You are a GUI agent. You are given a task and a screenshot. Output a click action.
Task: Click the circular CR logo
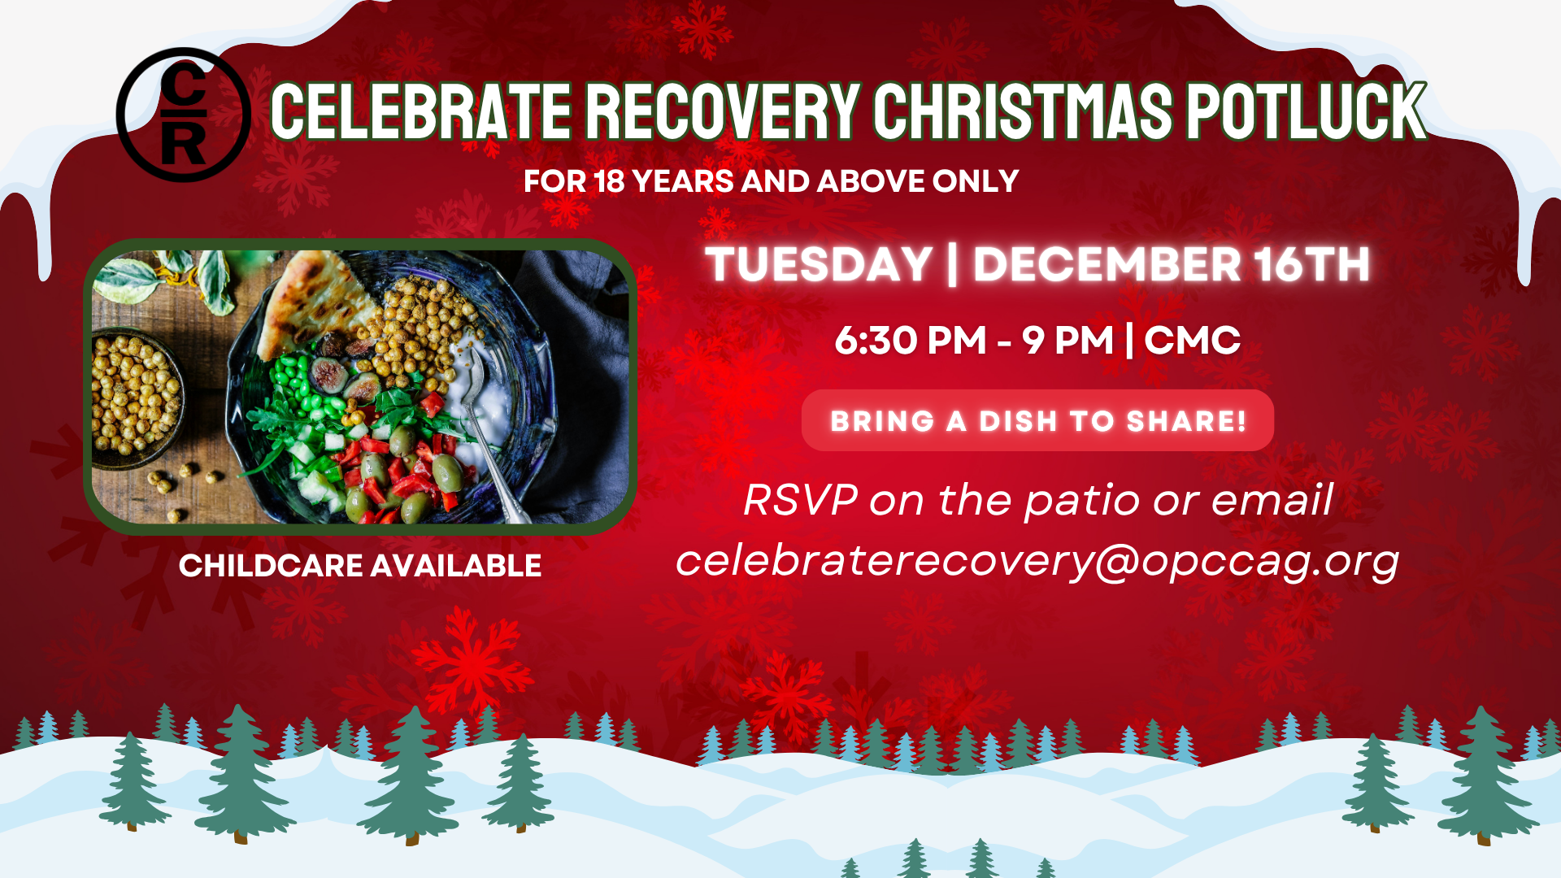click(x=184, y=115)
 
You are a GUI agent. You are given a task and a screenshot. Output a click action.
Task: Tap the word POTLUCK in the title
click(x=1306, y=111)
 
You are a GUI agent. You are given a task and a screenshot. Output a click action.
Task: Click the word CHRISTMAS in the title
click(x=1023, y=111)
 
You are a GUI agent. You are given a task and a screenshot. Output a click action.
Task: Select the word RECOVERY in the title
click(x=722, y=111)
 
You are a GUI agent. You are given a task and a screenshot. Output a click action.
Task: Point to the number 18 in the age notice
click(x=609, y=181)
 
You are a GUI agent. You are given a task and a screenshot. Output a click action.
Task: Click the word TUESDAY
click(x=819, y=264)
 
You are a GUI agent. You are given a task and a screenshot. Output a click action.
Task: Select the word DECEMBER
click(x=1107, y=264)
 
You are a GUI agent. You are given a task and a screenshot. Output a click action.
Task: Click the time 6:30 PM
click(x=910, y=341)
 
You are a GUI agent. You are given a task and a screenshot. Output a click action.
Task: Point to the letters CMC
click(x=1193, y=341)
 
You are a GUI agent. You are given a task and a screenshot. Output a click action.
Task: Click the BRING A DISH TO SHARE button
click(x=1037, y=420)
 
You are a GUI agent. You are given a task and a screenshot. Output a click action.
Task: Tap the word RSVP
click(x=801, y=499)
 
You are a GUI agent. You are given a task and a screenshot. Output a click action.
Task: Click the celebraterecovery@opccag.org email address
click(x=1037, y=561)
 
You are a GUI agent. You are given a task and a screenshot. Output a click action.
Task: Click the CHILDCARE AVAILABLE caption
click(x=360, y=566)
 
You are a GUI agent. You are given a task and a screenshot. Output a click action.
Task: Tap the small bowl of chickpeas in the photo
click(x=134, y=396)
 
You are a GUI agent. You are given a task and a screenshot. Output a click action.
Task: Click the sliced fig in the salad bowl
click(x=330, y=375)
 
